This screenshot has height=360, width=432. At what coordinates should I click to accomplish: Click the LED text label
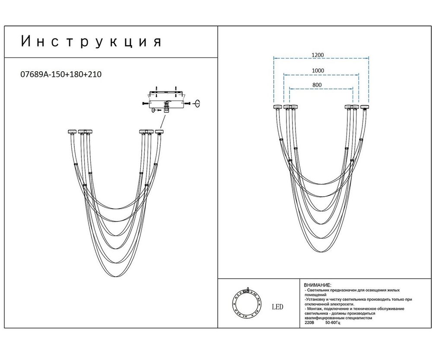[x=277, y=307]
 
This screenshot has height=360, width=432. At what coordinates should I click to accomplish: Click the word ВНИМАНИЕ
[x=318, y=286]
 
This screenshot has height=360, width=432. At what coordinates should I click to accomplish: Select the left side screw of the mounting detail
[x=143, y=104]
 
